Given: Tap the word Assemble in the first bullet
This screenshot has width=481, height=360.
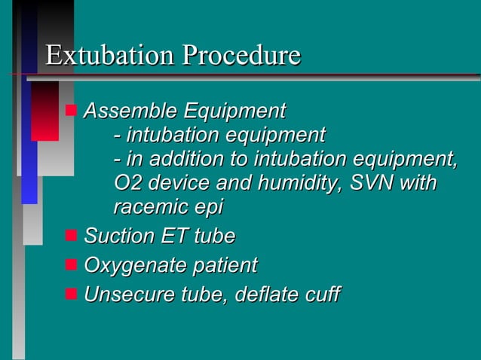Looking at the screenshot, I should [x=119, y=111].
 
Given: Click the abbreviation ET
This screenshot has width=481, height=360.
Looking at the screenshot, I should [x=176, y=236].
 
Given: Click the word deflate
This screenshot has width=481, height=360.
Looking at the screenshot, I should [x=265, y=294].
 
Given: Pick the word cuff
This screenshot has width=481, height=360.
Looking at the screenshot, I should [x=322, y=294].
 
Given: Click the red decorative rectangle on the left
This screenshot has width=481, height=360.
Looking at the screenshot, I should [x=44, y=111].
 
